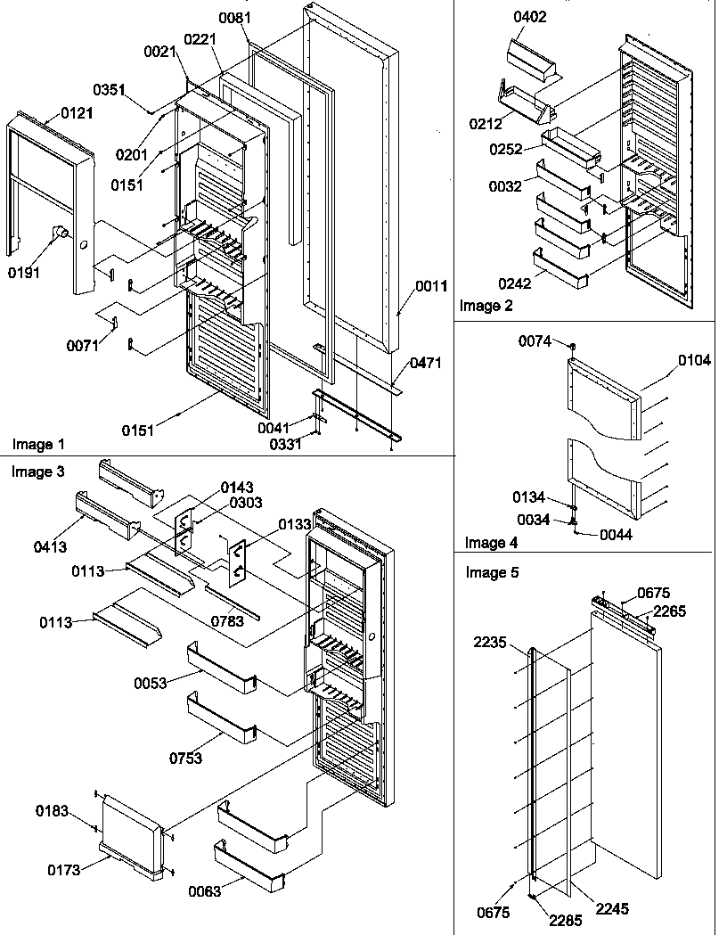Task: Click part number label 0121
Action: pyautogui.click(x=77, y=113)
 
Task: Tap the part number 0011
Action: pyautogui.click(x=431, y=286)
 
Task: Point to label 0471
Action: pyautogui.click(x=425, y=363)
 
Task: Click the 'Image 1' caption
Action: pyautogui.click(x=38, y=444)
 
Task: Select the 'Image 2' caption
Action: pyautogui.click(x=486, y=306)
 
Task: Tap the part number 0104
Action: pyautogui.click(x=694, y=360)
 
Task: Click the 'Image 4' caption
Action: pyautogui.click(x=492, y=542)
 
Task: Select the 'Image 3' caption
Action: pyautogui.click(x=38, y=472)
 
